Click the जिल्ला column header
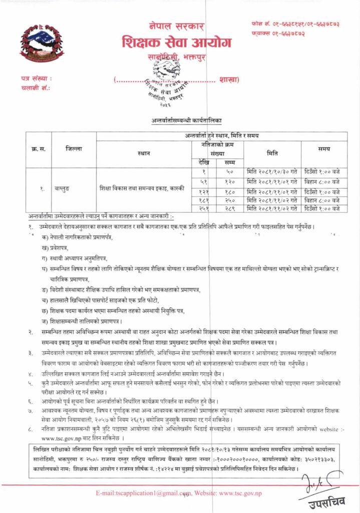74,149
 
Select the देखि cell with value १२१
204,190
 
